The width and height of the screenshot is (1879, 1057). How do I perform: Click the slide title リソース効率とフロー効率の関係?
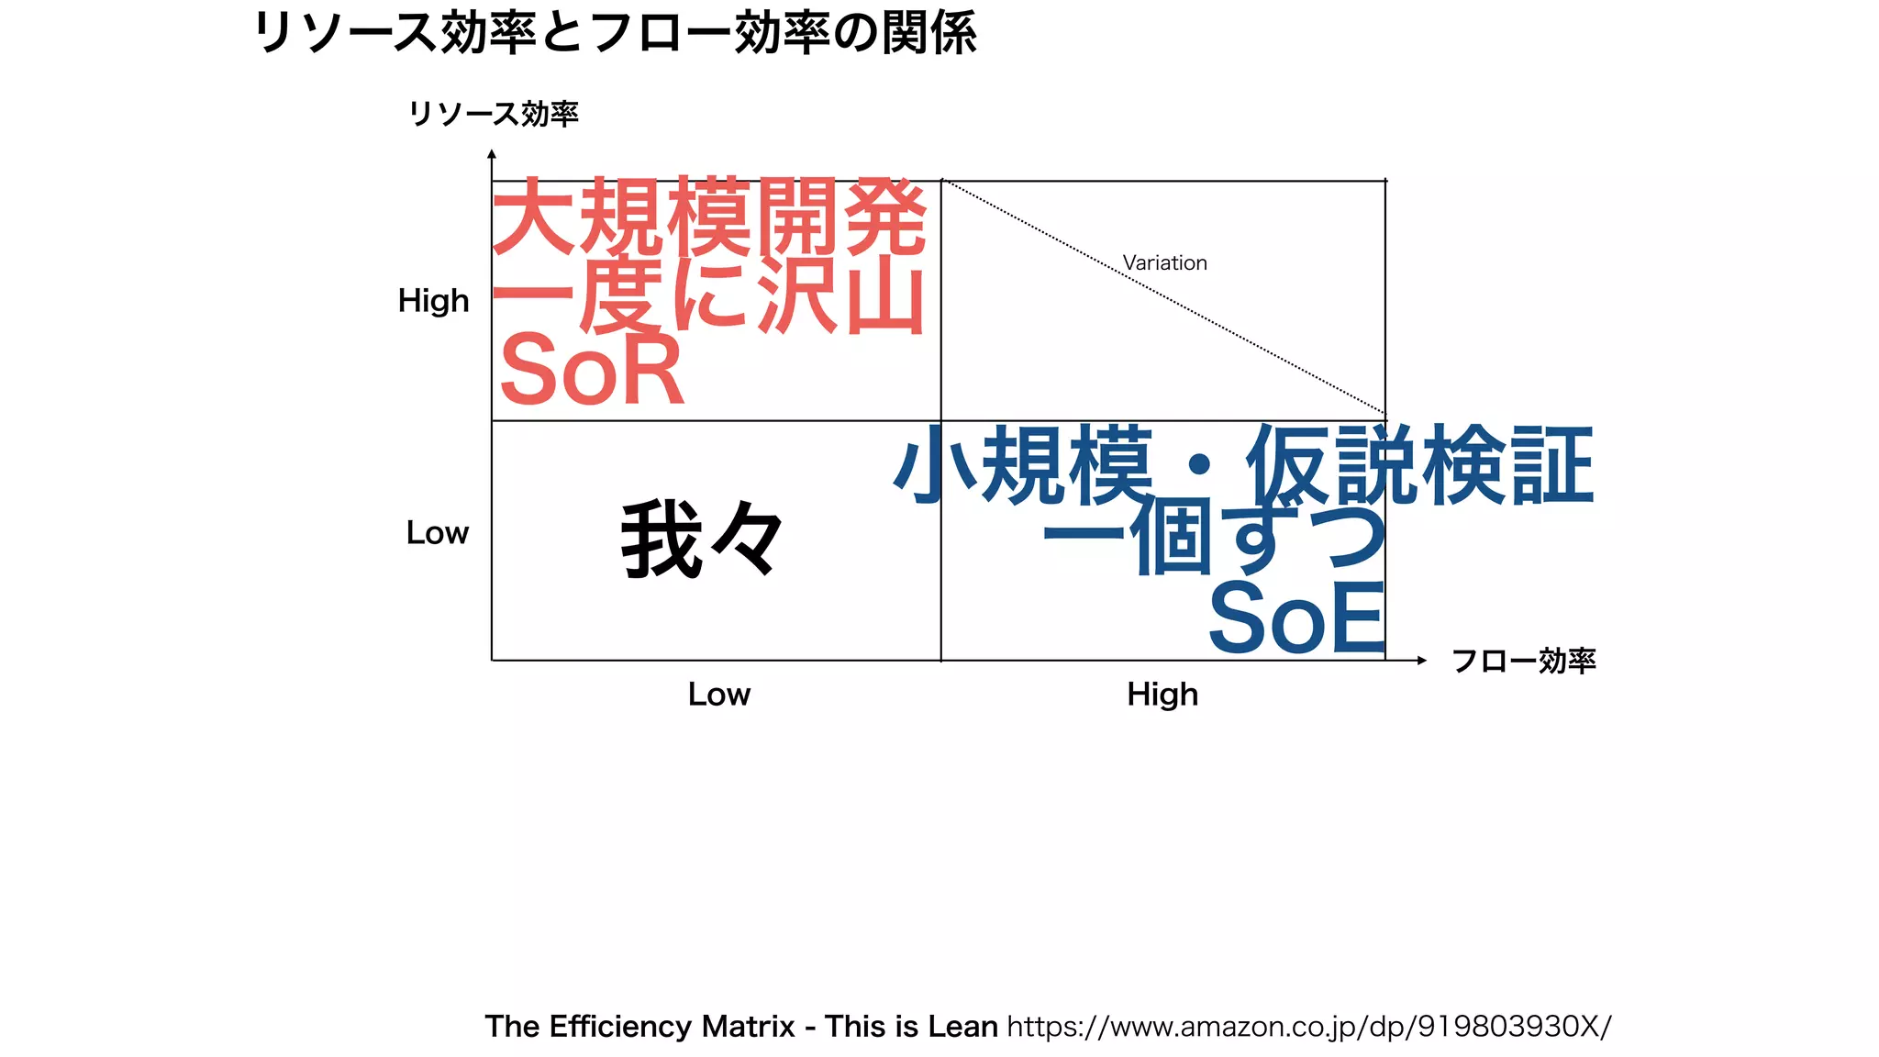pos(614,33)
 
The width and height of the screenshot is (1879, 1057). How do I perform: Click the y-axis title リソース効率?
pos(494,114)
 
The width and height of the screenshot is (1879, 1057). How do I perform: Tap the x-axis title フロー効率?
pos(1524,661)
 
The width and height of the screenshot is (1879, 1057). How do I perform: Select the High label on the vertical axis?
pos(433,301)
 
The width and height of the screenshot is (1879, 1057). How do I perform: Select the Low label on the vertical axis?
pos(437,533)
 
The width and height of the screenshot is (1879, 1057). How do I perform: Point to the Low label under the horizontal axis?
pos(719,695)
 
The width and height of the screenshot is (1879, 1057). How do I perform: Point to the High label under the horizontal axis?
pos(1162,695)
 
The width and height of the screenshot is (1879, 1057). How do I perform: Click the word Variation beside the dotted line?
pos(1164,263)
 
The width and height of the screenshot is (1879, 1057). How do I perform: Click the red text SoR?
pos(592,371)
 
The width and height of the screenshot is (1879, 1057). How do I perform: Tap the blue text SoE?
pos(1296,619)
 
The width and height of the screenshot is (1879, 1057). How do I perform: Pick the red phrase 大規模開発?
pos(709,218)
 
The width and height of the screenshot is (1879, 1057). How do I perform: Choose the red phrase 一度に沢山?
pos(709,297)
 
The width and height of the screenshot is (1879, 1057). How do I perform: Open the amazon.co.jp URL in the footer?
pos(1308,1026)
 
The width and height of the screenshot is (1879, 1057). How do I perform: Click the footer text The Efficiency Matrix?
pos(639,1026)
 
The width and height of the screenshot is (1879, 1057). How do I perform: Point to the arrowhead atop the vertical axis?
pos(492,155)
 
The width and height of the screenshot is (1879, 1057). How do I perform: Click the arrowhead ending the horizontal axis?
pos(1421,661)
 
